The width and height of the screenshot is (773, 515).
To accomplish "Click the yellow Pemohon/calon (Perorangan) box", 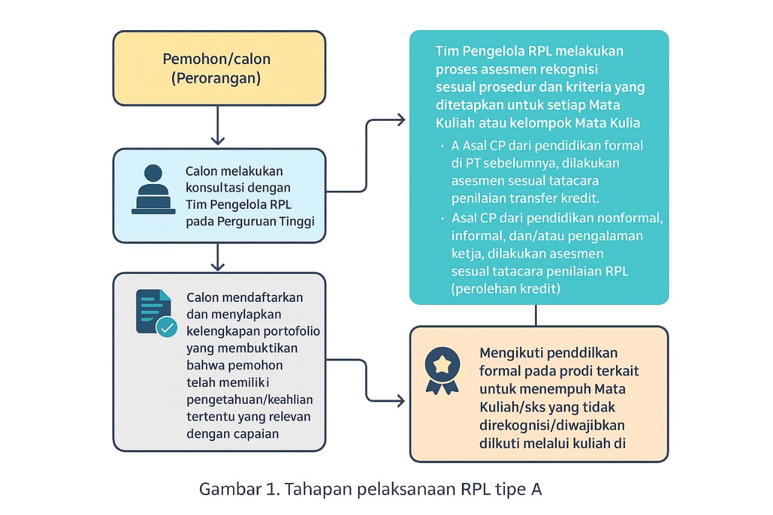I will click(219, 68).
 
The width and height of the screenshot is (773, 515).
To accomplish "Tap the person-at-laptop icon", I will click(153, 189).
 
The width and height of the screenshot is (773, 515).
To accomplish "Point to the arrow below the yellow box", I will click(218, 126).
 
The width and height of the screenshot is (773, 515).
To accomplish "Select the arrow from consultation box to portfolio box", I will click(218, 257).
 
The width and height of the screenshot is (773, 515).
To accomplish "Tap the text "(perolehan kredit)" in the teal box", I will click(505, 289).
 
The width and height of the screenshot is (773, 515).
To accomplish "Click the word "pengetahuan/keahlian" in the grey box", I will click(249, 400).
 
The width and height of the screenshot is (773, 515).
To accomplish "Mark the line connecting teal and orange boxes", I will click(536, 315).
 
